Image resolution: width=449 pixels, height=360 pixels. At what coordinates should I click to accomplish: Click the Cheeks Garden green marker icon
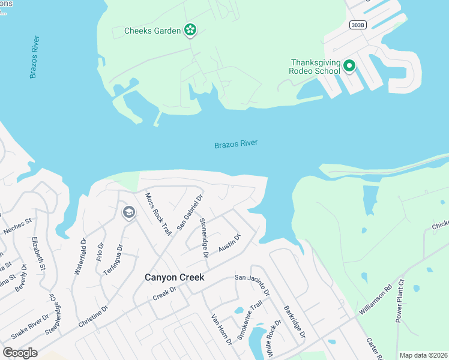point(190,29)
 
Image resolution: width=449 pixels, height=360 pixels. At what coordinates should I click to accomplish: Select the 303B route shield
point(356,25)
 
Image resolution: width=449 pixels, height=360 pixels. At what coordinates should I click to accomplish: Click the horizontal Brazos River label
point(236,144)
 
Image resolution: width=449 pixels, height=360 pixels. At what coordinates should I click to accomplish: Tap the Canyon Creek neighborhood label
point(175,277)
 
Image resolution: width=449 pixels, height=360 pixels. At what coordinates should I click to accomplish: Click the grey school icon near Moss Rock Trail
point(128,212)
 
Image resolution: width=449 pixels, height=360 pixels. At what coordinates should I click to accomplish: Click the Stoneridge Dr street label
point(203,238)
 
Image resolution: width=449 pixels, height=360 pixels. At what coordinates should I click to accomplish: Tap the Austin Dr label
point(229,243)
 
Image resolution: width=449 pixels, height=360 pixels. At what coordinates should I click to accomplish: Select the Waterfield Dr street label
point(80,256)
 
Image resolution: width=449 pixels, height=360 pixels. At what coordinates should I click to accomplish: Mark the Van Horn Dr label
point(221,329)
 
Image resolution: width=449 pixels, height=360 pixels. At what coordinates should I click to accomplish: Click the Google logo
point(19,353)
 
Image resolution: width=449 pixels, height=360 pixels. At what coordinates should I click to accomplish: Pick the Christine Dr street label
point(93,316)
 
